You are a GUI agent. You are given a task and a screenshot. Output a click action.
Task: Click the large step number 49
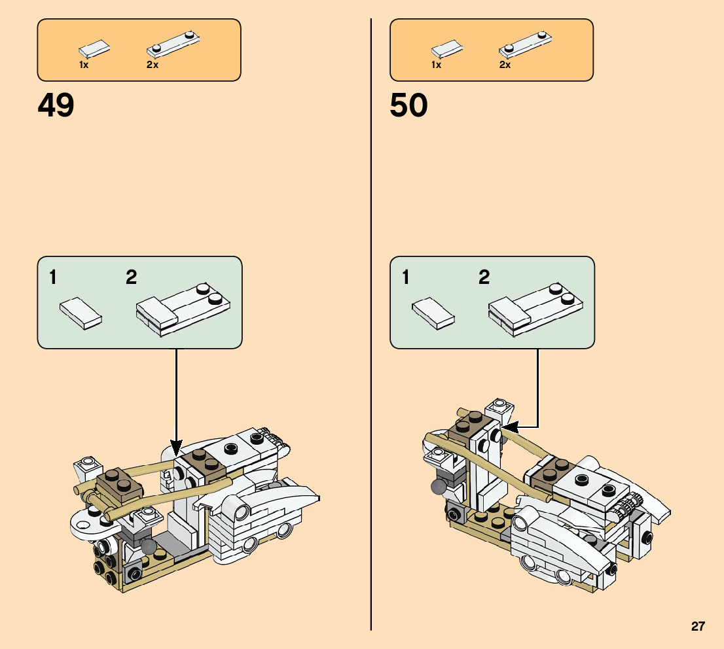[x=56, y=105]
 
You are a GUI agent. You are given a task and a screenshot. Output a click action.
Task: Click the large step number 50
[x=408, y=105]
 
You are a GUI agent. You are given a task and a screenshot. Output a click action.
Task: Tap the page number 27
[x=698, y=626]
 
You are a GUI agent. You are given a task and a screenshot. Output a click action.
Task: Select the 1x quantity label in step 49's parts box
[x=84, y=65]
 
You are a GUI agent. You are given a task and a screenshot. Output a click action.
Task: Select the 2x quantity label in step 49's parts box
[x=153, y=65]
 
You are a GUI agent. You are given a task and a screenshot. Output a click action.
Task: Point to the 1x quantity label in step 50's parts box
[x=437, y=65]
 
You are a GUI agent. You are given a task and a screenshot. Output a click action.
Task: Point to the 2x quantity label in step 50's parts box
[x=505, y=65]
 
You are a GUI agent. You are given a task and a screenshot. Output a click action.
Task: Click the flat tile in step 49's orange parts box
[x=94, y=49]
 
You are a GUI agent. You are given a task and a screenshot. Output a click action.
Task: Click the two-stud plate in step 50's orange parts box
[x=526, y=44]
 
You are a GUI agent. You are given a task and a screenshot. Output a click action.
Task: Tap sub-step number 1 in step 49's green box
[x=52, y=277]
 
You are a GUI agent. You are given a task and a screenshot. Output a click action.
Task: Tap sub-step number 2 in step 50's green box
[x=484, y=277]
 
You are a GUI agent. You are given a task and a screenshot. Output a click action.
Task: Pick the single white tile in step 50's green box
[x=433, y=313]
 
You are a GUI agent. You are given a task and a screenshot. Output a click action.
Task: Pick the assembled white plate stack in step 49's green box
[x=183, y=309]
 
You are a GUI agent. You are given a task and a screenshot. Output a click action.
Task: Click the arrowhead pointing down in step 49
[x=176, y=448]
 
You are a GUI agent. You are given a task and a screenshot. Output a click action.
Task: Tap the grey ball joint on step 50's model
[x=438, y=487]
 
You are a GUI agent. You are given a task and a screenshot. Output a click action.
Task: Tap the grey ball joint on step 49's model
[x=149, y=546]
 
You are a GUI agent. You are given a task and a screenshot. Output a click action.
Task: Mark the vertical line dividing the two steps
[x=371, y=324]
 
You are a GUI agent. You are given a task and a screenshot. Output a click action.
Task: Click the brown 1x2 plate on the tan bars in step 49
[x=120, y=485]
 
